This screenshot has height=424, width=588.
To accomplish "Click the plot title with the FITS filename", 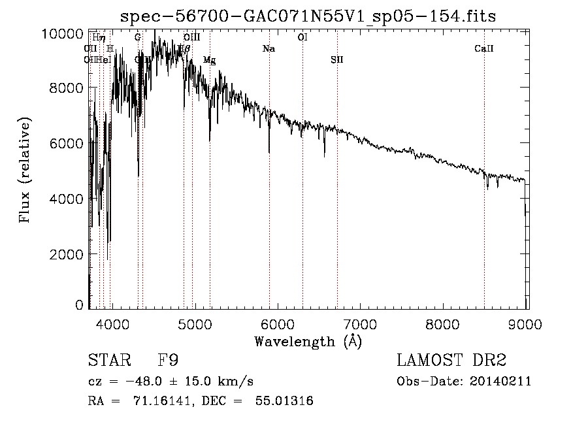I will point(308,16).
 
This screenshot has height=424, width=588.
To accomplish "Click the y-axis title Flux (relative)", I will point(25,171).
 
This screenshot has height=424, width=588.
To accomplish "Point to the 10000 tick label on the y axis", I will point(66,33).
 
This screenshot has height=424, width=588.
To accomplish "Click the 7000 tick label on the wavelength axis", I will point(361,322).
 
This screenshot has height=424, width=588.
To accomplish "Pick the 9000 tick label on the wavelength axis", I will point(527,322).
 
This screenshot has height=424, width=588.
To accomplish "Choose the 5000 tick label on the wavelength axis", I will point(195,322).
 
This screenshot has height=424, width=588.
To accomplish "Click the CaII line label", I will point(484,49).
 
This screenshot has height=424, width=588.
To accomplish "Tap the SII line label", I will point(336,59).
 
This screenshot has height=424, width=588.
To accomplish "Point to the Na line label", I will point(269,49).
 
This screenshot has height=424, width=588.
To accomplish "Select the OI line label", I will point(302,38).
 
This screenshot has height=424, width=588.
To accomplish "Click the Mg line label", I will point(209,60).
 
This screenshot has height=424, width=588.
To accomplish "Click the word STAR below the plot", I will point(108,360).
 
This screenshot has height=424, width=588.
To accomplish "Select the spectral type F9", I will point(169,360).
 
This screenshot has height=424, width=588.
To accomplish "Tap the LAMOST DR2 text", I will point(451,360).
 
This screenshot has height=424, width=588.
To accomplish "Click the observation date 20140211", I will point(502,381).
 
